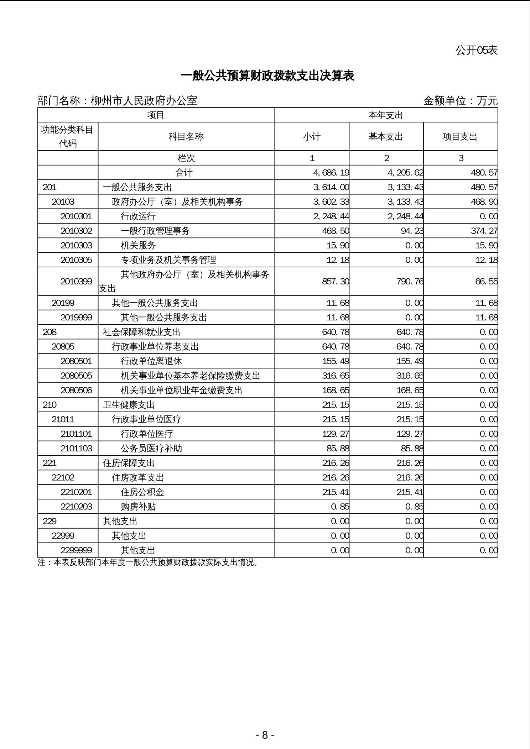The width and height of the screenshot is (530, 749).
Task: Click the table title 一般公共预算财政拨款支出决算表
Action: point(267,76)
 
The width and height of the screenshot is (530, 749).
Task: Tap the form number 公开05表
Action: point(476,51)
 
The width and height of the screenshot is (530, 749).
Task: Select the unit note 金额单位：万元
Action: point(460,101)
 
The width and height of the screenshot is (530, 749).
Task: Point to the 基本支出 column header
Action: point(386,137)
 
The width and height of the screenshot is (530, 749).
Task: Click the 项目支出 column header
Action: point(460,137)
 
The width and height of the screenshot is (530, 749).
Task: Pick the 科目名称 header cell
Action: point(186,137)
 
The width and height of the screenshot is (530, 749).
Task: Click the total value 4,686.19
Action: point(331,173)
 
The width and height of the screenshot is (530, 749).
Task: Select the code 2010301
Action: point(76,216)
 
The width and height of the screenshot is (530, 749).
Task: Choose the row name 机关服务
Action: point(138,246)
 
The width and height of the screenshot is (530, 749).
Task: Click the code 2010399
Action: point(76,282)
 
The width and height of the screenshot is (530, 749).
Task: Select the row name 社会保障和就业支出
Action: point(142,332)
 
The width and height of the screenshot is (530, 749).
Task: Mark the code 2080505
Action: point(76,376)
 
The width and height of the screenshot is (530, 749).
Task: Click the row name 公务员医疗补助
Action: point(151,449)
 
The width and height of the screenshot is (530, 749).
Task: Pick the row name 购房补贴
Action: point(138,507)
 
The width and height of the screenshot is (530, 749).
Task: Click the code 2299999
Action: point(76,550)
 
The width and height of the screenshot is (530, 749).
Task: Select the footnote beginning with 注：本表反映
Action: point(148,562)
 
